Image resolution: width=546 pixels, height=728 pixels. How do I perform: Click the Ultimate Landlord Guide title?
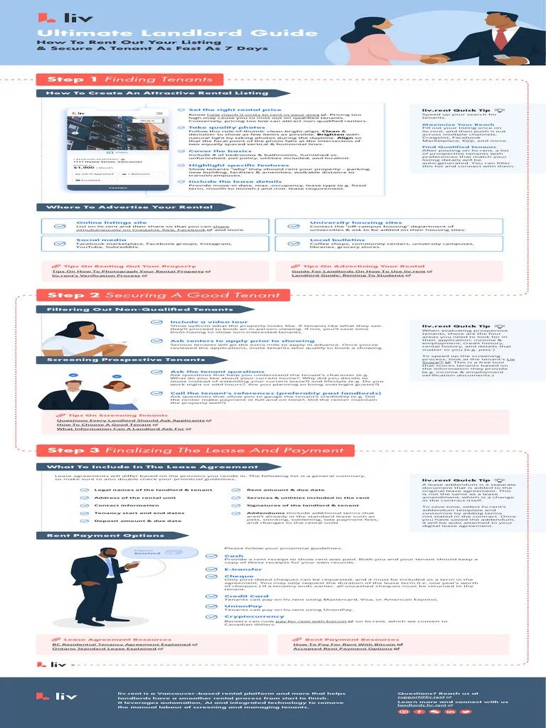tap(176, 33)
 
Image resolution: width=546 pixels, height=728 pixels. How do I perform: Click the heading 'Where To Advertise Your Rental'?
tap(129, 208)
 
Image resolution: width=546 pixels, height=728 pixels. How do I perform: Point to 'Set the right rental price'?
tap(225, 110)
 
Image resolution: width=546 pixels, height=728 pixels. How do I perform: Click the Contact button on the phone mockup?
tap(118, 188)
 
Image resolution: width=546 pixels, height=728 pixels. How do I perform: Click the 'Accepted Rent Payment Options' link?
tap(342, 649)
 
